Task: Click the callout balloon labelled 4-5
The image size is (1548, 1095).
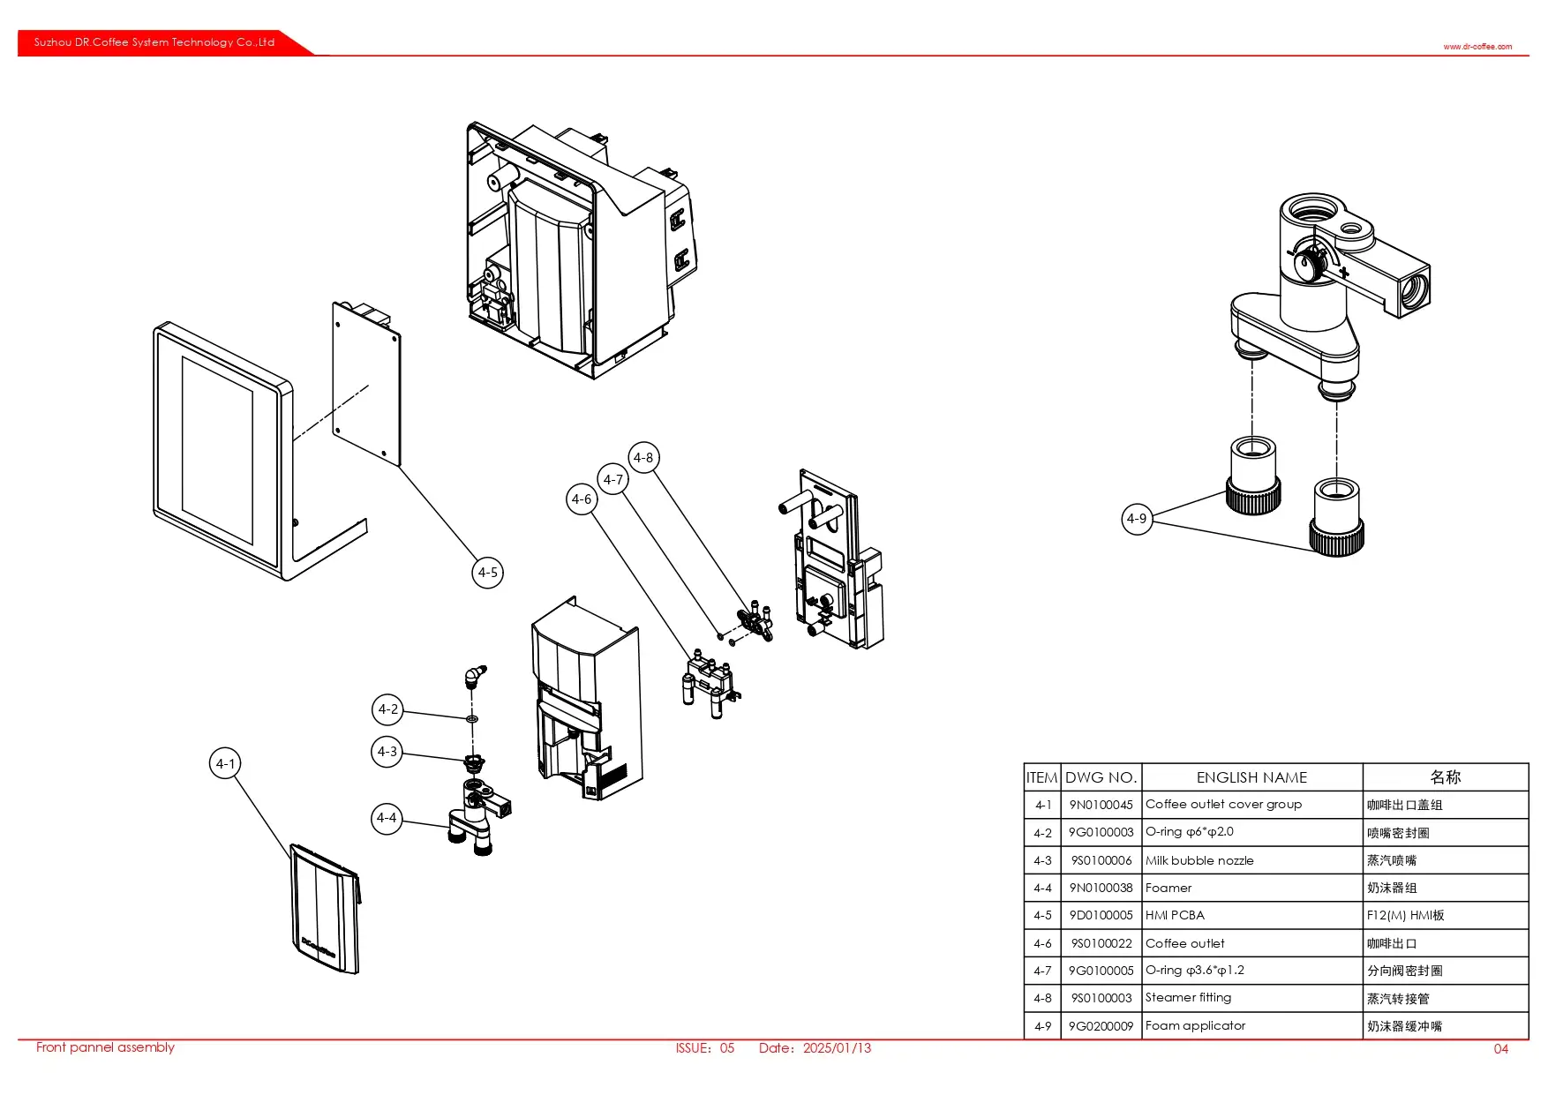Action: click(x=487, y=573)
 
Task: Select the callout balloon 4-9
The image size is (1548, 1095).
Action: click(x=1137, y=519)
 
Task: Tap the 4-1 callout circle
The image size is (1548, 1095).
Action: click(x=226, y=764)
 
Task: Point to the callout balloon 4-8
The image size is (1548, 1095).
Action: click(x=643, y=458)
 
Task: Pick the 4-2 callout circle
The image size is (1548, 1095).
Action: click(x=387, y=709)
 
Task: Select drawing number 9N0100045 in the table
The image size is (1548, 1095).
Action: click(x=1101, y=805)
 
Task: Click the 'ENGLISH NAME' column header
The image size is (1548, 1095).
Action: click(x=1251, y=777)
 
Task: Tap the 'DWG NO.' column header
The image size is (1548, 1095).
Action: click(x=1101, y=777)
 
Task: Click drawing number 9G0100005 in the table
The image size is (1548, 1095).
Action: click(x=1101, y=971)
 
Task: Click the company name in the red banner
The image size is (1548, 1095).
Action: click(x=154, y=42)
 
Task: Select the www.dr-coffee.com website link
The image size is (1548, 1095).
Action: click(x=1477, y=47)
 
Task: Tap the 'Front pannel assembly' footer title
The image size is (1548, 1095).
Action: click(x=105, y=1047)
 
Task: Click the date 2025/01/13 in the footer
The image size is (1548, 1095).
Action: click(x=837, y=1048)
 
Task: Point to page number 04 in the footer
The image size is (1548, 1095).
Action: click(x=1500, y=1049)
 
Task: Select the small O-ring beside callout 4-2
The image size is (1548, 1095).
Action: click(x=472, y=719)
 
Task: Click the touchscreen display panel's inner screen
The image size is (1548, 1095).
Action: click(x=217, y=450)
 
